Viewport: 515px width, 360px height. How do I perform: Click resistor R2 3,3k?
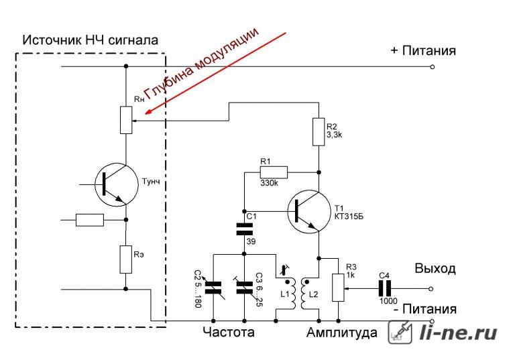click(319, 132)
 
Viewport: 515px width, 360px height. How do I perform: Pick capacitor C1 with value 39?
click(243, 229)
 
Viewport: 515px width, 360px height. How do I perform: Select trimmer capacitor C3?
click(243, 288)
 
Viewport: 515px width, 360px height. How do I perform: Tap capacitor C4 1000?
click(385, 288)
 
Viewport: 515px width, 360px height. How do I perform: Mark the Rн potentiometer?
click(125, 119)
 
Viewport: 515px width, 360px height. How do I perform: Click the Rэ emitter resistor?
click(125, 259)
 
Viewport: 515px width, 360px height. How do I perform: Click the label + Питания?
click(423, 51)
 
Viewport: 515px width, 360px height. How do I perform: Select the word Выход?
click(435, 269)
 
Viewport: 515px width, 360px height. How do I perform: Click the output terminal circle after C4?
click(433, 288)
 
